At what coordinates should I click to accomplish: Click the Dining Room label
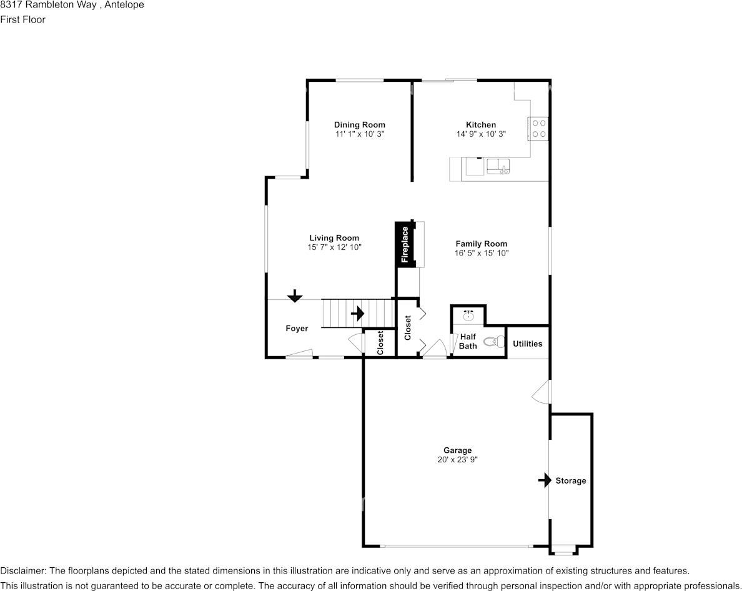(x=360, y=125)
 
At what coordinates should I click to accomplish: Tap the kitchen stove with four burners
(x=538, y=128)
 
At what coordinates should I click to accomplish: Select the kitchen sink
(x=498, y=167)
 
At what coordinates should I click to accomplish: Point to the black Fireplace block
(x=405, y=244)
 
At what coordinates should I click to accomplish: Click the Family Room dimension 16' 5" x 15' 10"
(x=482, y=253)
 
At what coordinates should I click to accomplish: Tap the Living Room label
(x=334, y=238)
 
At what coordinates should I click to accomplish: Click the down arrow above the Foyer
(x=295, y=296)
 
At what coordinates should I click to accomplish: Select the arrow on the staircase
(x=357, y=313)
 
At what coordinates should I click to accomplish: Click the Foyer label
(x=297, y=329)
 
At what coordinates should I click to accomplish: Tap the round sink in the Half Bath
(x=468, y=315)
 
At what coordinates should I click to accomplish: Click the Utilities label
(x=528, y=344)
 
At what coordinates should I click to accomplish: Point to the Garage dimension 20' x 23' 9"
(x=458, y=459)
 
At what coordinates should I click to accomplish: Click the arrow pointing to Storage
(x=545, y=480)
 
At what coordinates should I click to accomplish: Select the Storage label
(x=571, y=481)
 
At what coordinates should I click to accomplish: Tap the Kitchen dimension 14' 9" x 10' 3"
(x=482, y=134)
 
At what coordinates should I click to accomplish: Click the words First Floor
(x=22, y=19)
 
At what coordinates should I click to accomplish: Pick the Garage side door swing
(x=542, y=392)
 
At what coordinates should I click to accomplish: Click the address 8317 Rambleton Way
(x=48, y=5)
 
